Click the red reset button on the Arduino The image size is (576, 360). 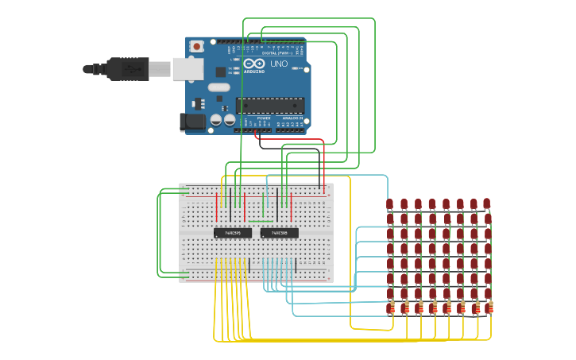(196, 46)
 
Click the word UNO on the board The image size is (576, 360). (279, 64)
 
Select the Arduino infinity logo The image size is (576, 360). (254, 64)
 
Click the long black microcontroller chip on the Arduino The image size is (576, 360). (270, 105)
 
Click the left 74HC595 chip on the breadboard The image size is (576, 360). (233, 233)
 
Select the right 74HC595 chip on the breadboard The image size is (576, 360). (280, 233)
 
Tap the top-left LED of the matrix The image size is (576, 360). (390, 204)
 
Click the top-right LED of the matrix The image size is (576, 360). (487, 203)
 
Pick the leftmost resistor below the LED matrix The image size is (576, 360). (390, 308)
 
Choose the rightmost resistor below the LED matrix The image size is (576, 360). (489, 308)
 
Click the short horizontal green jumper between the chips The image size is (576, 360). (261, 220)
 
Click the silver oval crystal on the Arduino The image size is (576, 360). (218, 87)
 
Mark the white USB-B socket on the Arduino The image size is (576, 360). (187, 69)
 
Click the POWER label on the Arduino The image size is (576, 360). (263, 118)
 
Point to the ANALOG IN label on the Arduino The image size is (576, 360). (292, 118)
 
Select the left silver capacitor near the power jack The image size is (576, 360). (215, 121)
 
